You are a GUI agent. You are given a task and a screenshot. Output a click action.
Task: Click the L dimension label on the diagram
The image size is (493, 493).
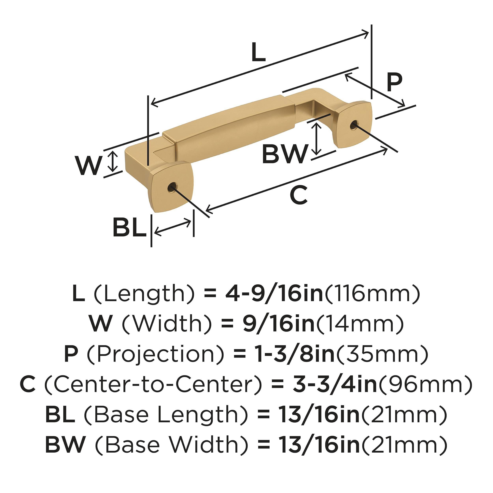pos(258,52)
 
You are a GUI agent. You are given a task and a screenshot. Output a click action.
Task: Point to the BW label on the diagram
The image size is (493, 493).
pos(285,154)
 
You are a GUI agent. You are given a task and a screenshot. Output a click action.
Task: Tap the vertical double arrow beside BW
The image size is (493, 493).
pos(317,139)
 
